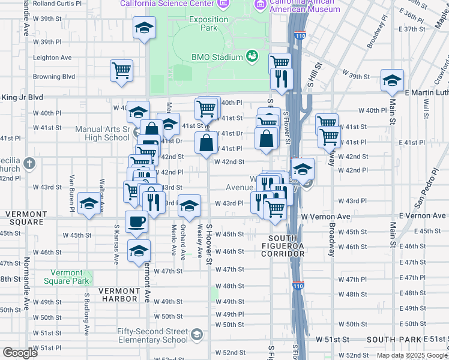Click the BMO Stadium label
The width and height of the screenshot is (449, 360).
(217, 58)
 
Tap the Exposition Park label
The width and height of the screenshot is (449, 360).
(209, 23)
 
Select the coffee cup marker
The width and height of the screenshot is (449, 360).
(136, 222)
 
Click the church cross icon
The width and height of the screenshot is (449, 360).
(29, 163)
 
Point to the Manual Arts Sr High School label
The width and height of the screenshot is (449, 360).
(102, 133)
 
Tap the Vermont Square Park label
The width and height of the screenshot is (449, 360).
(70, 277)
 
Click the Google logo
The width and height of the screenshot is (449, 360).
(20, 353)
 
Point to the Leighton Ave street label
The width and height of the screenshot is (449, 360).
(52, 58)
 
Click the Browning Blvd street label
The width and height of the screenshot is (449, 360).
(54, 77)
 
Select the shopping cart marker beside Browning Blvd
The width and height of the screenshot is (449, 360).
(121, 70)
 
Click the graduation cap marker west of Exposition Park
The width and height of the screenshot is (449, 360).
(144, 28)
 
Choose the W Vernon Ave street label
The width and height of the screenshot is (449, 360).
(325, 216)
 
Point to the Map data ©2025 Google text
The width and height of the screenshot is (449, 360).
(411, 355)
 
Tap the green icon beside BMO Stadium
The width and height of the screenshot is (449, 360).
(252, 57)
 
